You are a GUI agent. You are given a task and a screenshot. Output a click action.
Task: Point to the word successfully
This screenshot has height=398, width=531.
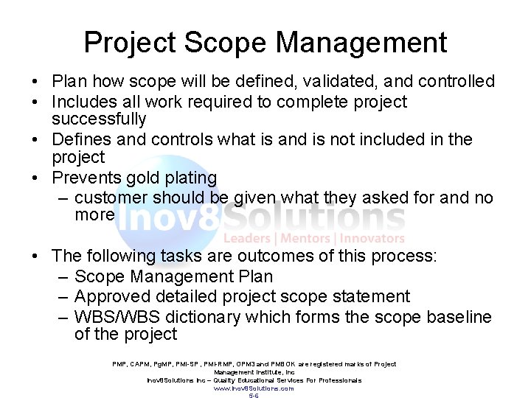coord(99,119)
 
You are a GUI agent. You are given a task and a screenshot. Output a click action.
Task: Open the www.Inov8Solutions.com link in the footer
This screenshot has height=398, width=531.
coord(254,388)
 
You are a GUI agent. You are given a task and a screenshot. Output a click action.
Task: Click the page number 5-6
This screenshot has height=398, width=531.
coord(254,395)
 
